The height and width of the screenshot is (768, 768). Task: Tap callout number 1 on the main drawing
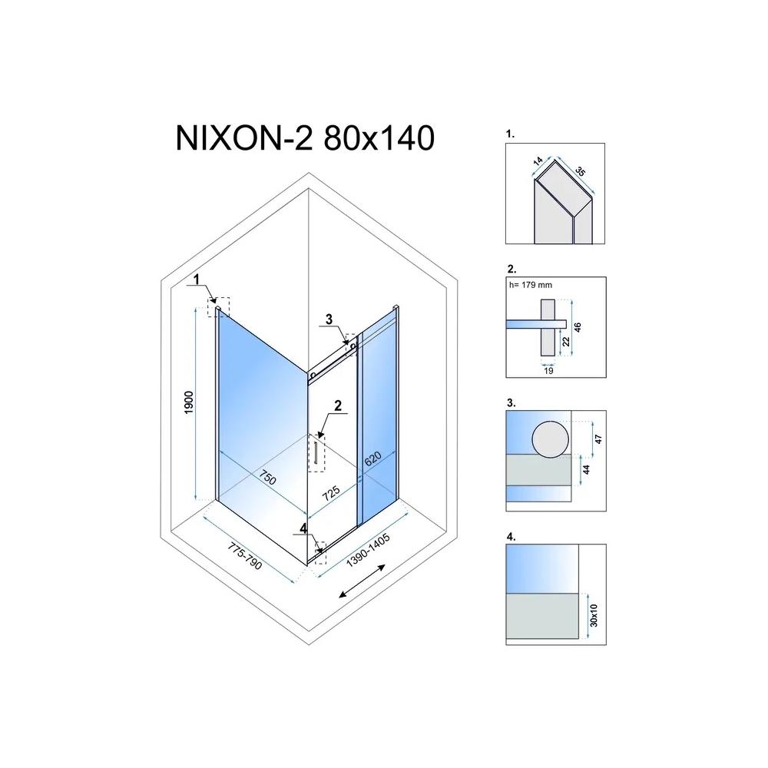[197, 280]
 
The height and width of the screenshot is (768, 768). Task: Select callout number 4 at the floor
[304, 528]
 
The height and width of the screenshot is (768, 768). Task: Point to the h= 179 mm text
[530, 284]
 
